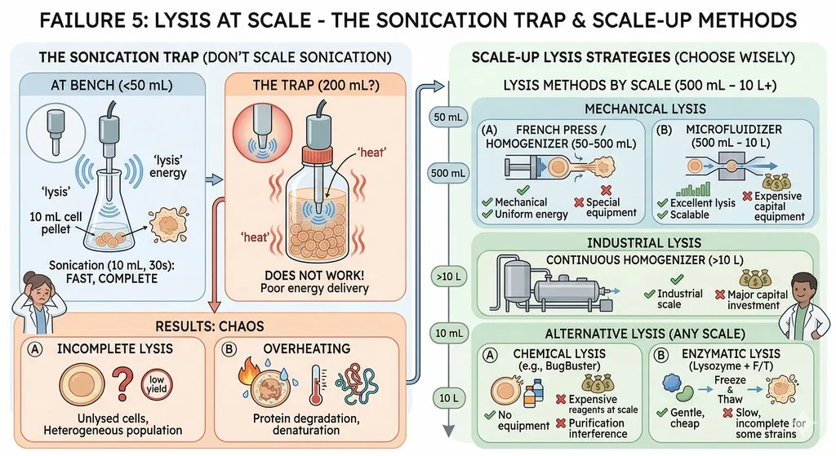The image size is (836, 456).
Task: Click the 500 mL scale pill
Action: tap(448, 173)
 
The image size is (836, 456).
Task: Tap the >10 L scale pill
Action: tap(448, 277)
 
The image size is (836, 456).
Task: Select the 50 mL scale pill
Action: tap(448, 117)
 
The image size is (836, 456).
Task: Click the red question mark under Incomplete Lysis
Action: tap(122, 385)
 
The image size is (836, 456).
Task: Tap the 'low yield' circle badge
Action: tap(156, 384)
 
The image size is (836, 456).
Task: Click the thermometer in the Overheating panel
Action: tap(316, 383)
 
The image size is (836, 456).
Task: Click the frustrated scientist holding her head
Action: tap(33, 306)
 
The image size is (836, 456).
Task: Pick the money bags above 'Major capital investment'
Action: tap(755, 278)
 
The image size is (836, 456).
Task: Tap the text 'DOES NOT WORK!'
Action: tap(314, 276)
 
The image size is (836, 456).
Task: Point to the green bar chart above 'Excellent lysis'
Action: tap(694, 189)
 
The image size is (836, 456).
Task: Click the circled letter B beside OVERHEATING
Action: tap(229, 349)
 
